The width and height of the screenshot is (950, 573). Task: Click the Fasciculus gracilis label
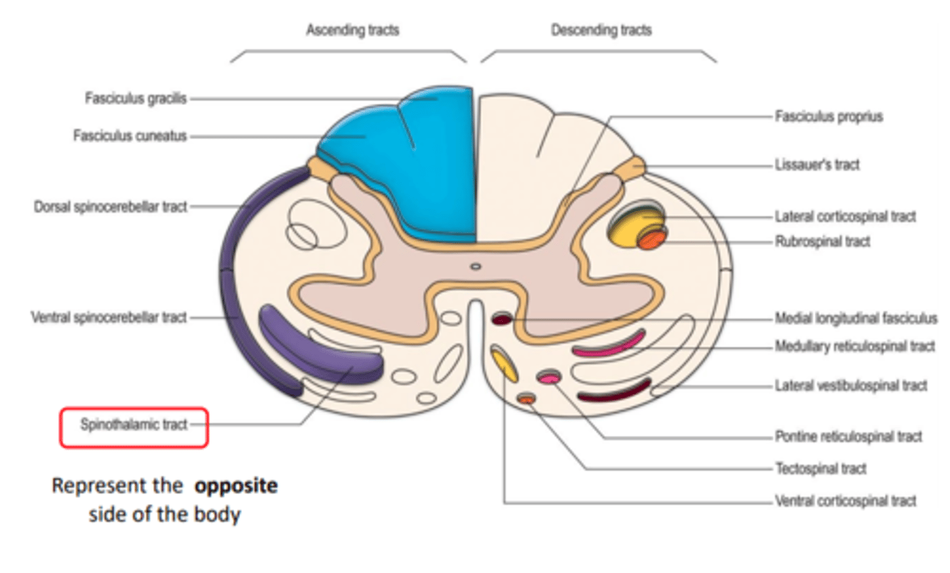click(135, 99)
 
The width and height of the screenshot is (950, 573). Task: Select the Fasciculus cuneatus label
click(130, 136)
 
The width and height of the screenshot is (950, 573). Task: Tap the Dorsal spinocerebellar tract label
click(110, 207)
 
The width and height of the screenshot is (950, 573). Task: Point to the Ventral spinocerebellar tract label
click(109, 318)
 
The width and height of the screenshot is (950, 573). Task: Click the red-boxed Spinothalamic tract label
click(134, 425)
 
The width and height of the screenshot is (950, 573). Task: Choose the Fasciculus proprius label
click(829, 117)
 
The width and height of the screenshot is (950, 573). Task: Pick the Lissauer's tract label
click(817, 165)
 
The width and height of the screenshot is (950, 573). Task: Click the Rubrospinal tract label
click(822, 242)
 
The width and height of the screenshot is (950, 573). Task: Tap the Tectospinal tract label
click(820, 469)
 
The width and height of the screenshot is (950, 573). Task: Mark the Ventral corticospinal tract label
click(845, 501)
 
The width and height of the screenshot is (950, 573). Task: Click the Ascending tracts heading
click(352, 30)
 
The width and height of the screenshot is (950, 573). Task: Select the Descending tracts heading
click(601, 30)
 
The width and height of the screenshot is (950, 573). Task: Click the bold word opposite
click(236, 486)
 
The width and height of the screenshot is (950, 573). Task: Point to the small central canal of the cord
click(475, 266)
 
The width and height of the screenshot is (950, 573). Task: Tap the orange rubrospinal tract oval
click(651, 239)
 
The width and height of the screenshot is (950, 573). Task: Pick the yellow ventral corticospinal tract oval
click(505, 364)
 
